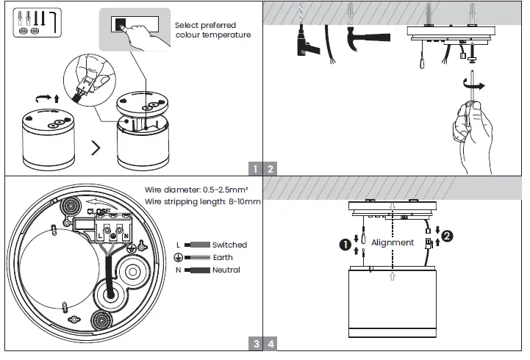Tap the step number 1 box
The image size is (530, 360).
pyautogui.click(x=255, y=168)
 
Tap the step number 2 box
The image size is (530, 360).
pyautogui.click(x=271, y=168)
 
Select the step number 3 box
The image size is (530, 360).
pyautogui.click(x=255, y=343)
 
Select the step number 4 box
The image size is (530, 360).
pyautogui.click(x=271, y=343)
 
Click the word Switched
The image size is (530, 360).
pyautogui.click(x=229, y=245)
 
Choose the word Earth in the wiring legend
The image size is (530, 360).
pyautogui.click(x=223, y=257)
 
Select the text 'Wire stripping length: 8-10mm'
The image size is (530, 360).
pyautogui.click(x=203, y=201)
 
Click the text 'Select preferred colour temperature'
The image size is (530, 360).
pyautogui.click(x=212, y=30)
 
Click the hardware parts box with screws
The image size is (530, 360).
pyautogui.click(x=35, y=23)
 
